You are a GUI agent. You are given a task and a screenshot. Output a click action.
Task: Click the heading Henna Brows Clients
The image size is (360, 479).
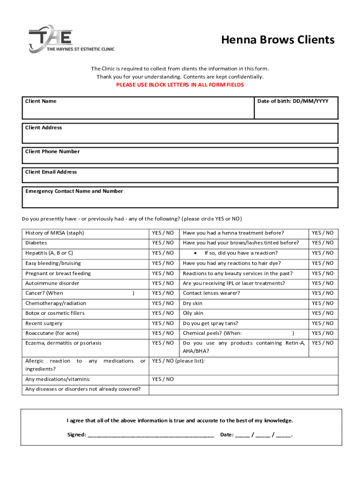pos(278,40)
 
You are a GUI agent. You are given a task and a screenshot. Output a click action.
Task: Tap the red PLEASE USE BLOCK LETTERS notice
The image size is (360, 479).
pos(180,85)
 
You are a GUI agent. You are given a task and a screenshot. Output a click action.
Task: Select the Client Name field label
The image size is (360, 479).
pos(41,101)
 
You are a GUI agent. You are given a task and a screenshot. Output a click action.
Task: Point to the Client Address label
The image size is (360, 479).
pos(43,127)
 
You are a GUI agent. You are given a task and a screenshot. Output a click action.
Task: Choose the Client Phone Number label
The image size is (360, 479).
pos(52,151)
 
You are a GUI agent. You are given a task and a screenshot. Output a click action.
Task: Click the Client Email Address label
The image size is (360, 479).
pos(51,172)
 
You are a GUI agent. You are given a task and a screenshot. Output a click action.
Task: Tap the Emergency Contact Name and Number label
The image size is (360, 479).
pos(74,191)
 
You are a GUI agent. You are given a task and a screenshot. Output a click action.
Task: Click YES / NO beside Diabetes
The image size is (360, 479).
pos(163,243)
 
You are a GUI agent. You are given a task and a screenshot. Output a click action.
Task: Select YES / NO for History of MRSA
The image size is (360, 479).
pos(163,233)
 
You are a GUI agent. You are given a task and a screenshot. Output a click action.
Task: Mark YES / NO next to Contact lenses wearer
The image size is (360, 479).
pos(323,293)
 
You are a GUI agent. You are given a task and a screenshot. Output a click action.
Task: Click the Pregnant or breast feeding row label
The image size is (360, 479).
pos(58,273)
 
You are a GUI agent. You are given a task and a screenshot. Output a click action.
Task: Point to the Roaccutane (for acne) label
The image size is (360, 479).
pos(52,333)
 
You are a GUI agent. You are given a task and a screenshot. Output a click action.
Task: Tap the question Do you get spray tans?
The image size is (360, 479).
pos(210,323)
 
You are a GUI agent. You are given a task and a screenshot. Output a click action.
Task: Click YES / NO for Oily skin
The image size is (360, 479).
pos(323,313)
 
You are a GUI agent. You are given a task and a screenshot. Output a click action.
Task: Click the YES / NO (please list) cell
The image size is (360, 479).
pos(179,361)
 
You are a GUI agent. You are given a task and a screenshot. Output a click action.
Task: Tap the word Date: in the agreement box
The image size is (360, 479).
pos(227,435)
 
